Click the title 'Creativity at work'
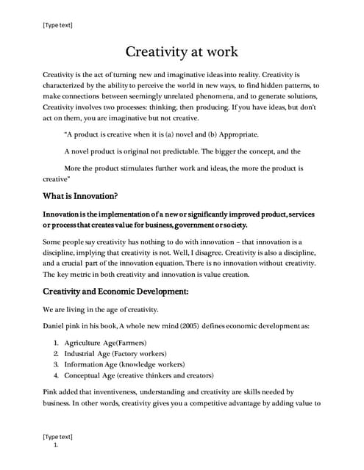tap(182, 52)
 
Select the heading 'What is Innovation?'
tap(81, 196)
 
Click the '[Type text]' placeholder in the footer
tap(58, 436)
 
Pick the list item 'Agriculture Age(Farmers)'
tap(106, 343)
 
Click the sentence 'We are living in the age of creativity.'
tap(105, 309)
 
